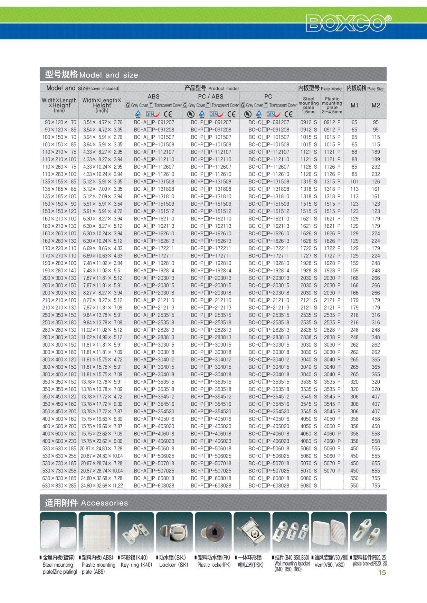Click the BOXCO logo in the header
tap(348, 23)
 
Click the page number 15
tap(382, 573)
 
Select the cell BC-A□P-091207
tap(154, 122)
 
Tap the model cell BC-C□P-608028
tap(268, 486)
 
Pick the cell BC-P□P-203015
tap(211, 285)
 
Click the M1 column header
tap(354, 105)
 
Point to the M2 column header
tap(376, 105)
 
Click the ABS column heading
tap(153, 97)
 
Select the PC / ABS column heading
tap(211, 97)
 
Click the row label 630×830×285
tap(59, 486)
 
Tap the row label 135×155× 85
tap(59, 182)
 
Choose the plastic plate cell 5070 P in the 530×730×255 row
tap(332, 471)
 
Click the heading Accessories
tap(104, 503)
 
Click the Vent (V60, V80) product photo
tap(330, 532)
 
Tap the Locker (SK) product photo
tap(174, 532)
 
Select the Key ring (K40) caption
tap(136, 565)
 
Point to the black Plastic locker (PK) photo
tap(213, 532)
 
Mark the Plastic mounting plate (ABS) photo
tap(97, 532)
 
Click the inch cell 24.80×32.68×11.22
tap(102, 486)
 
